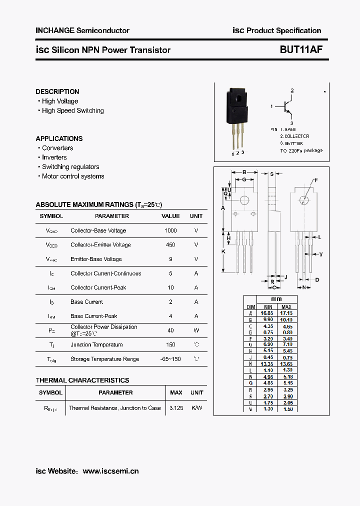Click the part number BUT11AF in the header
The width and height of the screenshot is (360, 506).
301,50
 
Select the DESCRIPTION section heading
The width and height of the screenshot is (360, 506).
57,91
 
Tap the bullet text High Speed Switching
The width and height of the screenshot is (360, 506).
72,110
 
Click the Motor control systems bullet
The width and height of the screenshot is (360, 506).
73,176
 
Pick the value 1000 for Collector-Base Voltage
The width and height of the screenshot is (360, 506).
170,230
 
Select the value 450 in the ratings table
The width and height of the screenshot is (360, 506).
170,245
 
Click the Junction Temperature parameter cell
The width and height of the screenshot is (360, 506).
96,344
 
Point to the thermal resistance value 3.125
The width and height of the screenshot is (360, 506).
176,408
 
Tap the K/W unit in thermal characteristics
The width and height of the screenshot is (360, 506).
197,408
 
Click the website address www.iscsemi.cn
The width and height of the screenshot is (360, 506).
110,471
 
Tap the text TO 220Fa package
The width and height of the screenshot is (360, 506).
301,150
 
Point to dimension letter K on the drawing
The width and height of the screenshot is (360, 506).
223,251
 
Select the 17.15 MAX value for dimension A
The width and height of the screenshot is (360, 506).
286,312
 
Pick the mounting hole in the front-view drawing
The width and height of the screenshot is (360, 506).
244,200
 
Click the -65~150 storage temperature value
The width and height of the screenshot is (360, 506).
170,359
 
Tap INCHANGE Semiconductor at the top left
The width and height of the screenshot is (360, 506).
82,30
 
